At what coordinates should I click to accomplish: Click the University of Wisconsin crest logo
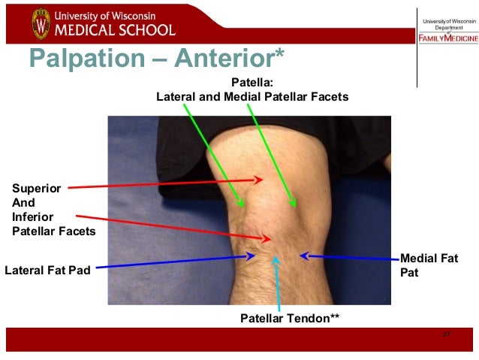(x=40, y=23)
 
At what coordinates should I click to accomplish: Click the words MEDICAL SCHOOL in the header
(x=114, y=30)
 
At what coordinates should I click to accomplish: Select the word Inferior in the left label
(x=34, y=217)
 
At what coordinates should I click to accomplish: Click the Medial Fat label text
(x=429, y=259)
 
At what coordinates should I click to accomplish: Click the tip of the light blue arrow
(x=276, y=258)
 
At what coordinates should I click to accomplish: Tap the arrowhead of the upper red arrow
(x=261, y=180)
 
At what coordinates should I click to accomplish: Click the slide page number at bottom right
(x=446, y=334)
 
